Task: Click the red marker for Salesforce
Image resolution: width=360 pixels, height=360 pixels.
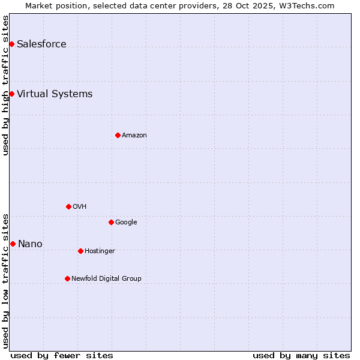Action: click(x=11, y=44)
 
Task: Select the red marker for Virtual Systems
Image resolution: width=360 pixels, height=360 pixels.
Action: click(x=11, y=94)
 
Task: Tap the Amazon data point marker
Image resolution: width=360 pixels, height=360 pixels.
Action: click(x=118, y=135)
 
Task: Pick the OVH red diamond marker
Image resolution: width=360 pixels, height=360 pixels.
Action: click(x=68, y=206)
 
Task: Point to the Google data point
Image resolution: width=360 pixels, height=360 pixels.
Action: click(x=111, y=222)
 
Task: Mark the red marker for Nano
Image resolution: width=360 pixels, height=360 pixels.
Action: click(x=13, y=244)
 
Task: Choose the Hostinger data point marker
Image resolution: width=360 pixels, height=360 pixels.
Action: click(x=80, y=251)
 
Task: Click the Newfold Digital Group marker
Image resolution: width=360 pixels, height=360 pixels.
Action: click(x=67, y=278)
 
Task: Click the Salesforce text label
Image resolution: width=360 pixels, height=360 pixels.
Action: click(x=41, y=44)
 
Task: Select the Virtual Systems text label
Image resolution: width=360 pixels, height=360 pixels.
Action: click(x=55, y=94)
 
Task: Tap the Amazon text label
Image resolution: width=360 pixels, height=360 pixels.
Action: click(x=134, y=135)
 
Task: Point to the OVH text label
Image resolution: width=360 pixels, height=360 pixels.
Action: click(x=80, y=206)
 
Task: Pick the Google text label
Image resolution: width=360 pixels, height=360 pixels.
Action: click(x=126, y=222)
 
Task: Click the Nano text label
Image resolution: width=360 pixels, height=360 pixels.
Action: click(x=30, y=244)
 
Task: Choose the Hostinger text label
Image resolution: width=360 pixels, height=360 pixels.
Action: click(x=100, y=251)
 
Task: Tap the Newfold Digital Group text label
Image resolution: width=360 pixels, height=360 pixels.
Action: click(x=106, y=278)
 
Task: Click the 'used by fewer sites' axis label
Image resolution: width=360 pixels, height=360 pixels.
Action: click(x=62, y=355)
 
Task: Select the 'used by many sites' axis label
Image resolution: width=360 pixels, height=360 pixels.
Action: click(x=301, y=355)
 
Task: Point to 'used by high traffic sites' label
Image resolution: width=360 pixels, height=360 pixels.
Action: click(x=5, y=85)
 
